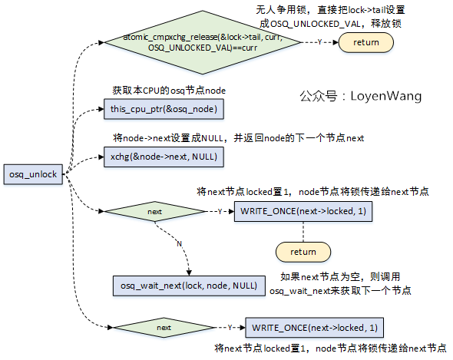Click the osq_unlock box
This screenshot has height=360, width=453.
tap(33, 174)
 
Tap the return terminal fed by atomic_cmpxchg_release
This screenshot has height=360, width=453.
tap(365, 42)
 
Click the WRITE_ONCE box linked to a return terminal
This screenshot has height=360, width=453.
tap(303, 210)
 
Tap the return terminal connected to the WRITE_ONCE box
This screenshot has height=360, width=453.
tap(303, 251)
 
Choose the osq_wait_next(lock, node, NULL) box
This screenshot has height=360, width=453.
tap(188, 285)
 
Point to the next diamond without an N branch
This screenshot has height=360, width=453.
tap(164, 328)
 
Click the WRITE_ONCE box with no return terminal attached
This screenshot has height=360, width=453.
tap(315, 328)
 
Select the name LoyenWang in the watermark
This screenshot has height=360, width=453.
tap(386, 96)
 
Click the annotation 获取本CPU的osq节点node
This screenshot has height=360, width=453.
tap(169, 91)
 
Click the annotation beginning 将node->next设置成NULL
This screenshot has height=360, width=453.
tap(237, 138)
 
